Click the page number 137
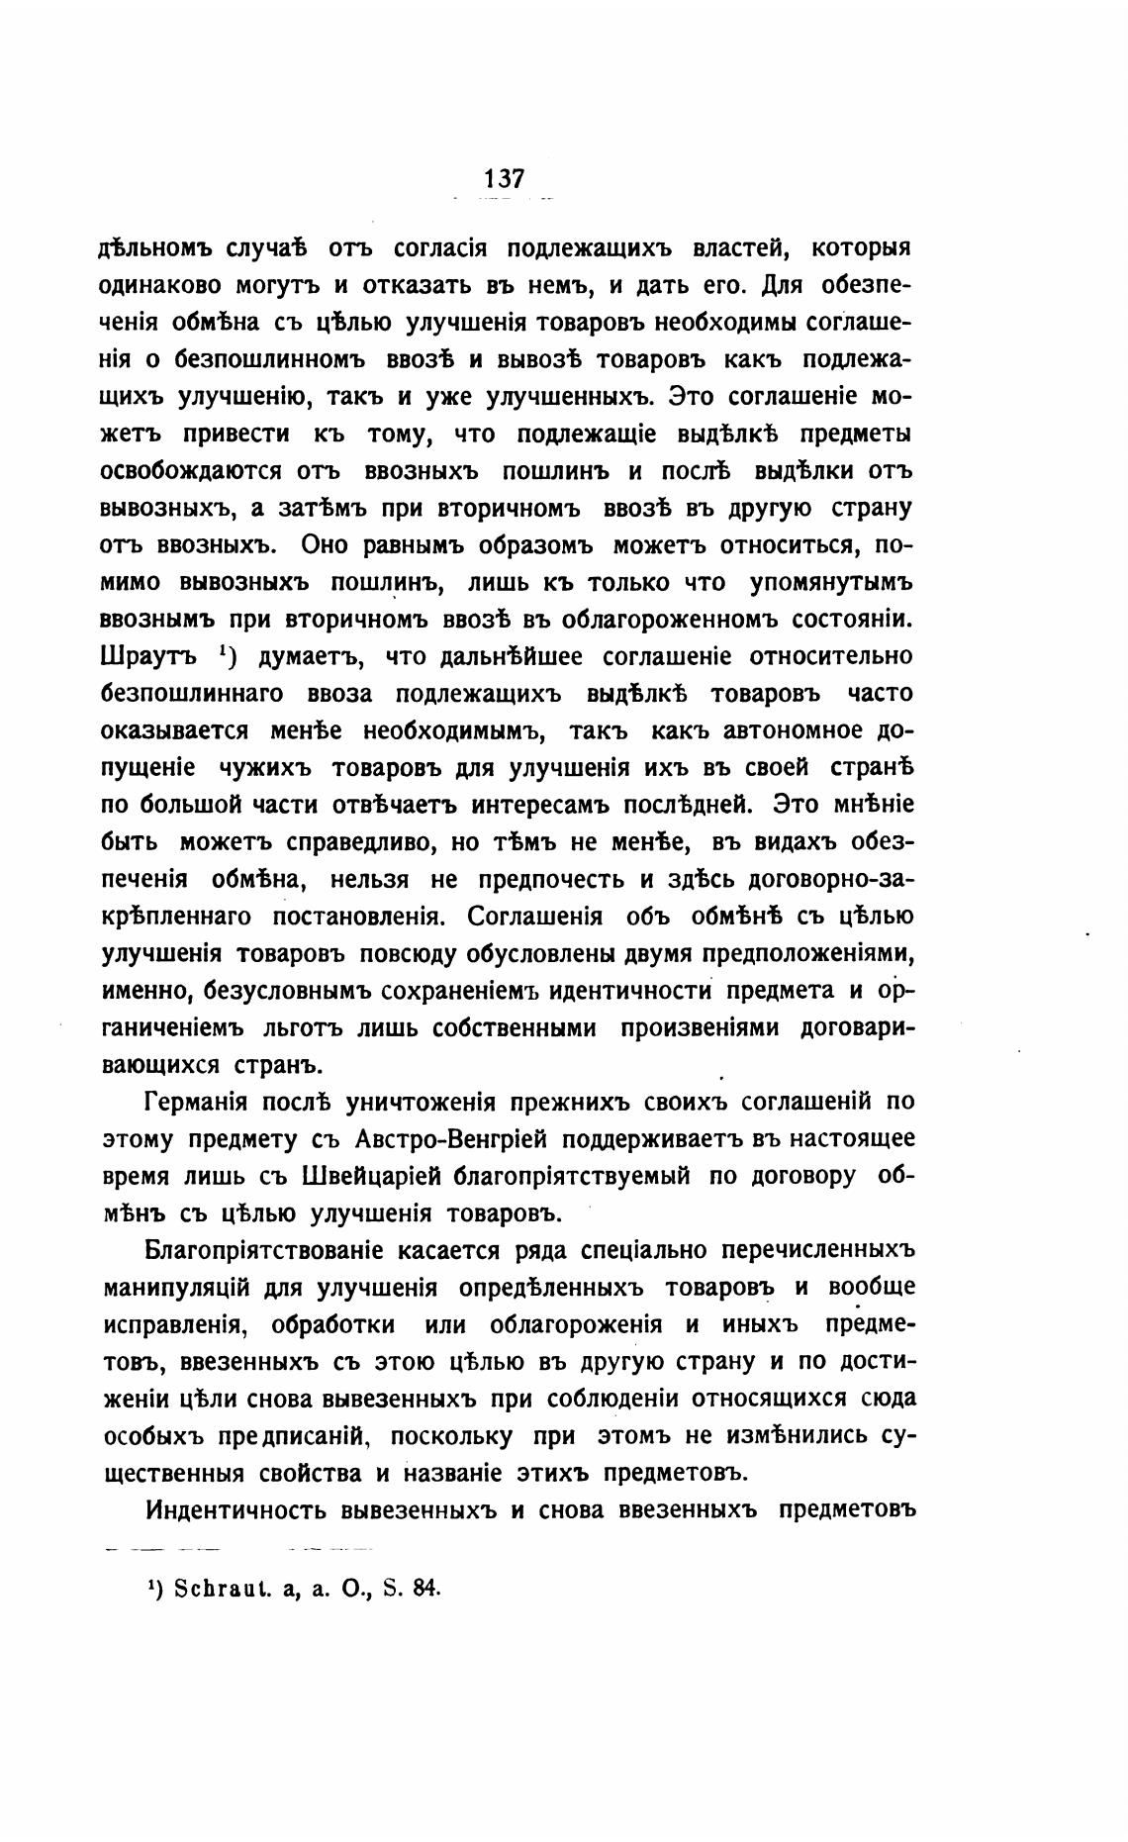[504, 179]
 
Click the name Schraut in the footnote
[207, 1588]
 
